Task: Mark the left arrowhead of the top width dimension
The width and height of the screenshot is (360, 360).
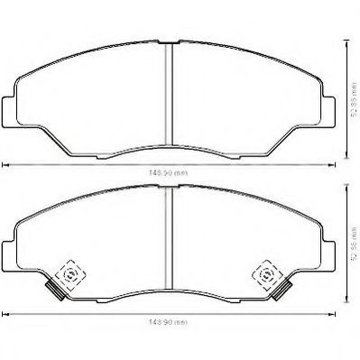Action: coord(5,164)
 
